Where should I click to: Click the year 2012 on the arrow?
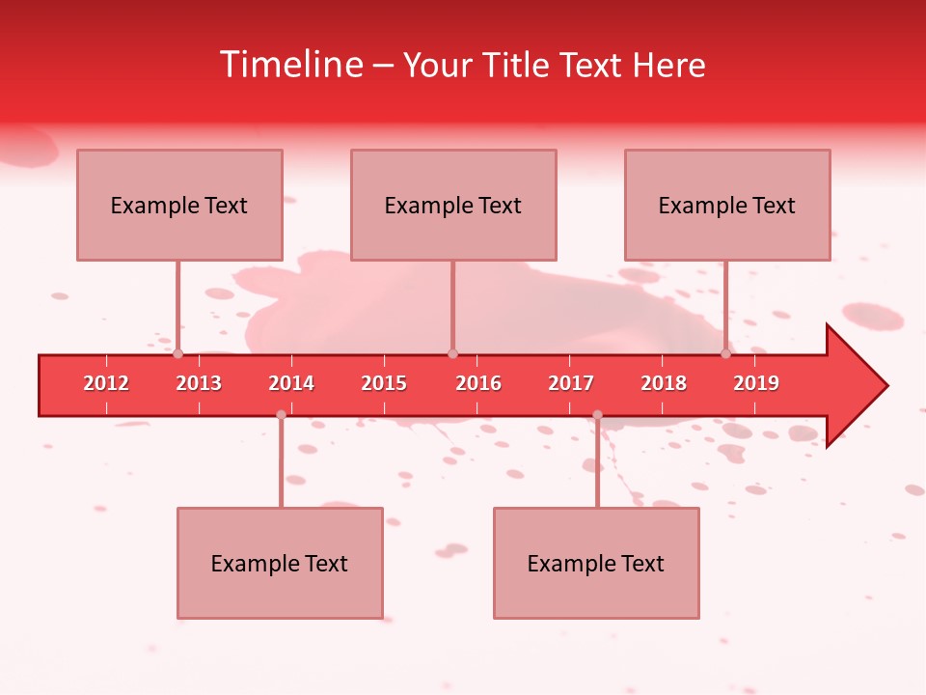click(106, 383)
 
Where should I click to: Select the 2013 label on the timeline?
click(199, 383)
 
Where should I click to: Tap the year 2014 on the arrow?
click(291, 383)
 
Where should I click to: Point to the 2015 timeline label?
click(384, 383)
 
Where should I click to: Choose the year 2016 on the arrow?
click(478, 383)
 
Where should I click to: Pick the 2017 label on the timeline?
click(571, 383)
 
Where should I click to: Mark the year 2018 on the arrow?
click(664, 383)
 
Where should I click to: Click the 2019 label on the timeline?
click(756, 383)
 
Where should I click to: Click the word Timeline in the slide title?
click(289, 65)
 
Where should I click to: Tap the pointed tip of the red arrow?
click(885, 386)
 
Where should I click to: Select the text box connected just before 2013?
click(179, 205)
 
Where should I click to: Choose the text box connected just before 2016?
click(453, 205)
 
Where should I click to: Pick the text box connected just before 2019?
click(727, 205)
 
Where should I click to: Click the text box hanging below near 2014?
click(280, 563)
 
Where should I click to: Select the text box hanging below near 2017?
click(596, 563)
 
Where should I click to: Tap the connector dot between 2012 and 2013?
click(177, 354)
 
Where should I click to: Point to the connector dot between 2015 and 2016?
click(452, 354)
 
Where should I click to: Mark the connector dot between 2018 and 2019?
click(725, 354)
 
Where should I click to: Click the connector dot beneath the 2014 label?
click(281, 415)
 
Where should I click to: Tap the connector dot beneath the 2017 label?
click(597, 415)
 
